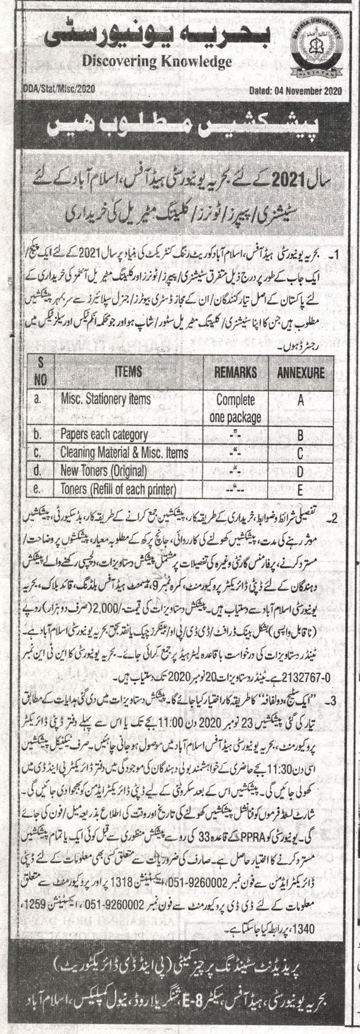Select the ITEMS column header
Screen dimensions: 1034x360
[x=128, y=372]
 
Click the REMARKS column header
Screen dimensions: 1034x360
[x=235, y=372]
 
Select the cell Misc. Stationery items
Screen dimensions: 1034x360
[x=106, y=399]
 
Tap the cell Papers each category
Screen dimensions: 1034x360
[x=104, y=435]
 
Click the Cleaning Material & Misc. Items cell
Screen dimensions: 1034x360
[x=124, y=453]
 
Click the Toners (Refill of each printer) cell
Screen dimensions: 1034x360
[x=119, y=489]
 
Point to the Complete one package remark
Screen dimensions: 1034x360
[x=235, y=407]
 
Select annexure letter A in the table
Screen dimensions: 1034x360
[x=300, y=400]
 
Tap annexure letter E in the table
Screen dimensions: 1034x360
[x=300, y=489]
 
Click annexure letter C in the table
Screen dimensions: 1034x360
[x=300, y=453]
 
